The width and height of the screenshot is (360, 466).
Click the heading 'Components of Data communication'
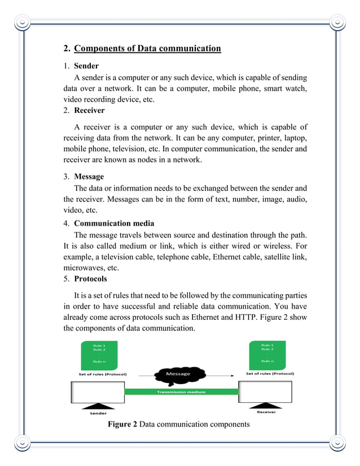147,49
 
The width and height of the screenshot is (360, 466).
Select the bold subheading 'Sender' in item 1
86,66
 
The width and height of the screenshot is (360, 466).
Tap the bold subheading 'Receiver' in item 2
89,111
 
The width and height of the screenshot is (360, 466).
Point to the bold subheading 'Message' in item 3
89,177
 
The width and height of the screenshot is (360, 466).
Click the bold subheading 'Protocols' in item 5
90,279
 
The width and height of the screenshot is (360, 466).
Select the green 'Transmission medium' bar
181,392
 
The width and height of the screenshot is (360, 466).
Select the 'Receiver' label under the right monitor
266,412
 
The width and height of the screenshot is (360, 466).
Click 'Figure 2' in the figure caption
122,424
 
